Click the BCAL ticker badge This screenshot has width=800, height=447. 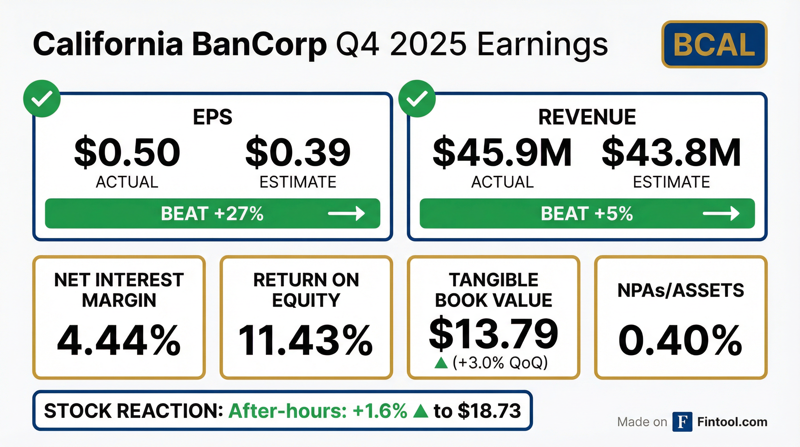coord(714,44)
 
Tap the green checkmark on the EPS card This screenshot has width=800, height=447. coord(42,99)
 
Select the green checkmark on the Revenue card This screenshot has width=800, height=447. coord(417,99)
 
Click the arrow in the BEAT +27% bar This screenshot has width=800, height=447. coord(347,213)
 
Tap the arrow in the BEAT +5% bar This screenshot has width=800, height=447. coord(721,213)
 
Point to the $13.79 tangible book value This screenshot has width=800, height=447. coord(494,333)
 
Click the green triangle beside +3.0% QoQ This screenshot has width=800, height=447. coord(441,363)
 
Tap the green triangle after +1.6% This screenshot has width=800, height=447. coord(421,411)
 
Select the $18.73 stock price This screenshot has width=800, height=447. coord(489,411)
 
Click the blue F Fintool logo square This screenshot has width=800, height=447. coord(682,422)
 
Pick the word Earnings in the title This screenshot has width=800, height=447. coord(542,45)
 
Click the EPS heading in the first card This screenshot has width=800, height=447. coord(213,117)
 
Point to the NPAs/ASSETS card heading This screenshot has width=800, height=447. coord(681,290)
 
